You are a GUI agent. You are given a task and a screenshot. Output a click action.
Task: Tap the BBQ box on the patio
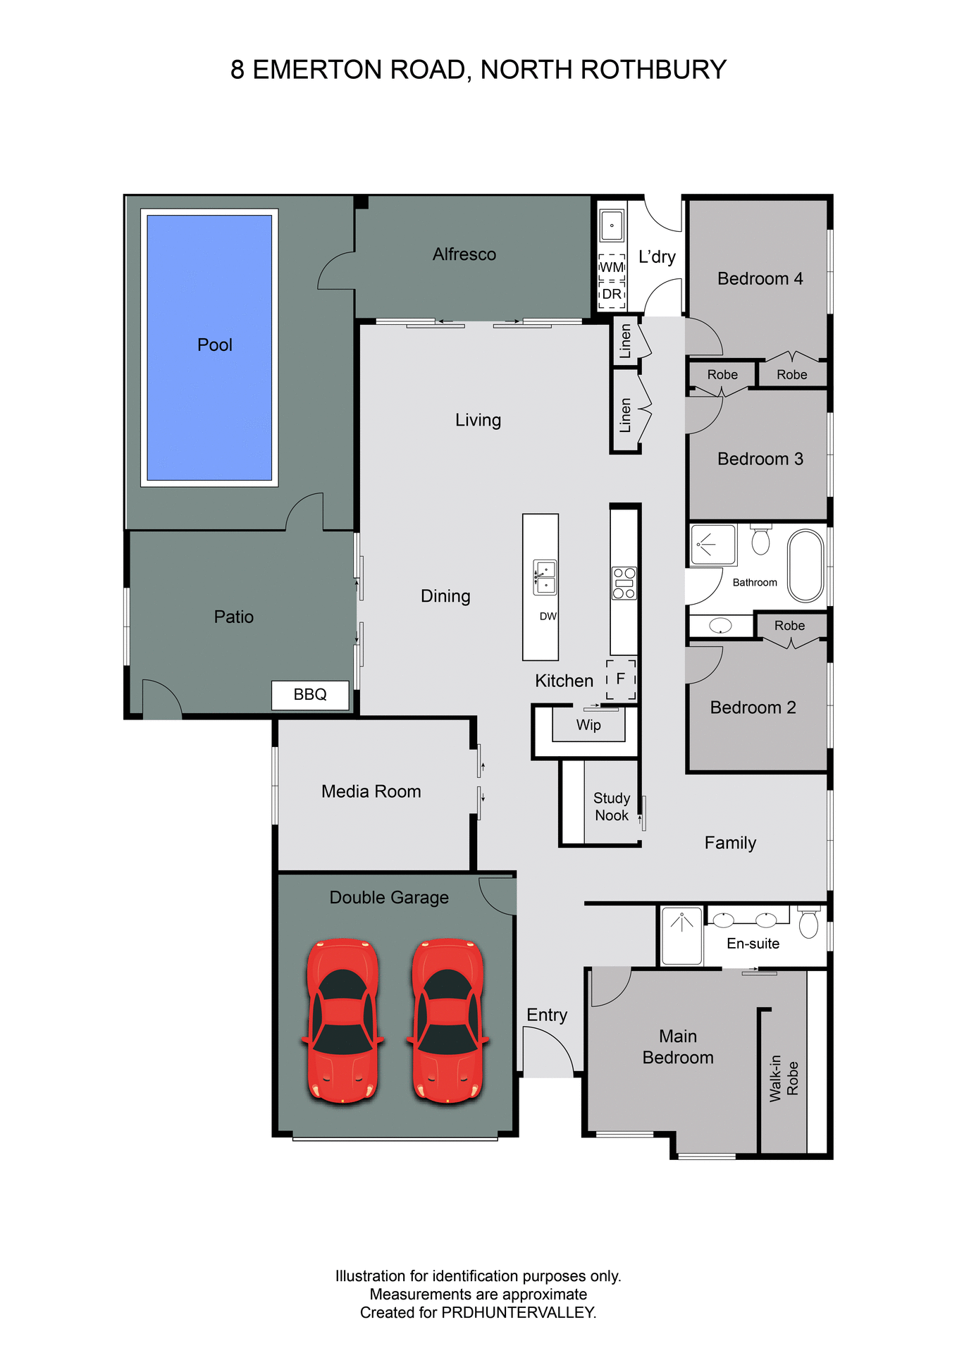310,695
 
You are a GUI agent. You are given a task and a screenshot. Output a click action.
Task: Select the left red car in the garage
342,1020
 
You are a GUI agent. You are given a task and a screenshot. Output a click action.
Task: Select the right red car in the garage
447,1020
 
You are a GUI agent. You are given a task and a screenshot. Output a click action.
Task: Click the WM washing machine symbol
612,267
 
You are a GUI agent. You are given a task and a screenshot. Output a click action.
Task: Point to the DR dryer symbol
612,294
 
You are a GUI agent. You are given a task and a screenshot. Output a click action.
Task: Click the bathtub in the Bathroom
805,564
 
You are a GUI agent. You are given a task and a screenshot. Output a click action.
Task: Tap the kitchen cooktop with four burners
624,583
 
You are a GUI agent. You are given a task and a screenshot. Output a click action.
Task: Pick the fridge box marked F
621,679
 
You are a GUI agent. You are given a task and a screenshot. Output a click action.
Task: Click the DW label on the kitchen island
548,616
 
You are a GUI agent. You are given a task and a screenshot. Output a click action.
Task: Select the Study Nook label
611,806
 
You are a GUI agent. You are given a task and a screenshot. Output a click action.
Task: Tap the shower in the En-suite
681,935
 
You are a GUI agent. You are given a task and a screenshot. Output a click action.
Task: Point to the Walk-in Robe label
784,1078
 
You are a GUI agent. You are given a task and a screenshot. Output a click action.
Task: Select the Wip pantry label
588,724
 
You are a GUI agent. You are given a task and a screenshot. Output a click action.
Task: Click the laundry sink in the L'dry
612,226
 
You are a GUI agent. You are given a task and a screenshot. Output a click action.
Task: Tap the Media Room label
371,791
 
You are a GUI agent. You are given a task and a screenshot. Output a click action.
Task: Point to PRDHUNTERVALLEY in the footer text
518,1312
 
